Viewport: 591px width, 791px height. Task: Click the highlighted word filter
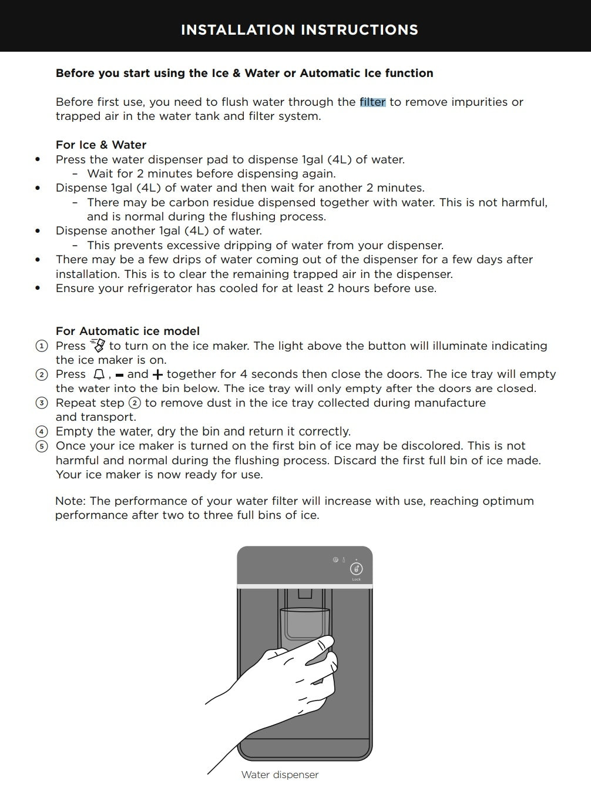coord(372,102)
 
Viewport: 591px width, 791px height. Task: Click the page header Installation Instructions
coord(299,30)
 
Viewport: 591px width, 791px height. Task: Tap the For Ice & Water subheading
coord(100,145)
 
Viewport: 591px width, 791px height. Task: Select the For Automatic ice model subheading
coord(127,331)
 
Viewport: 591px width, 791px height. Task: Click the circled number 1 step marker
coord(42,346)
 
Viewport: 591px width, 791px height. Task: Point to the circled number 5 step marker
coord(42,446)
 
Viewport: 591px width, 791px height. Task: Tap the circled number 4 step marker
coord(42,432)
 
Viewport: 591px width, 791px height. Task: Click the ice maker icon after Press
coord(98,346)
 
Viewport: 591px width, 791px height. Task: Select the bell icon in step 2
coord(99,374)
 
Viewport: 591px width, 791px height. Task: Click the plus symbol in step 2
coord(157,375)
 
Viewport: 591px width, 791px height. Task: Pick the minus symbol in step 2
coord(120,375)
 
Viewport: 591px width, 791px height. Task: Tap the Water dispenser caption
coord(280,775)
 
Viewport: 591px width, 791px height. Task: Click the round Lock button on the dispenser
coord(356,569)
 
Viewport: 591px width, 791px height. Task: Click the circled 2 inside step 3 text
coord(135,403)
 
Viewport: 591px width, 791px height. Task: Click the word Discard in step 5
coord(355,461)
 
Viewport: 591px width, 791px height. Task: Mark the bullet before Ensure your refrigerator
coord(38,289)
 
